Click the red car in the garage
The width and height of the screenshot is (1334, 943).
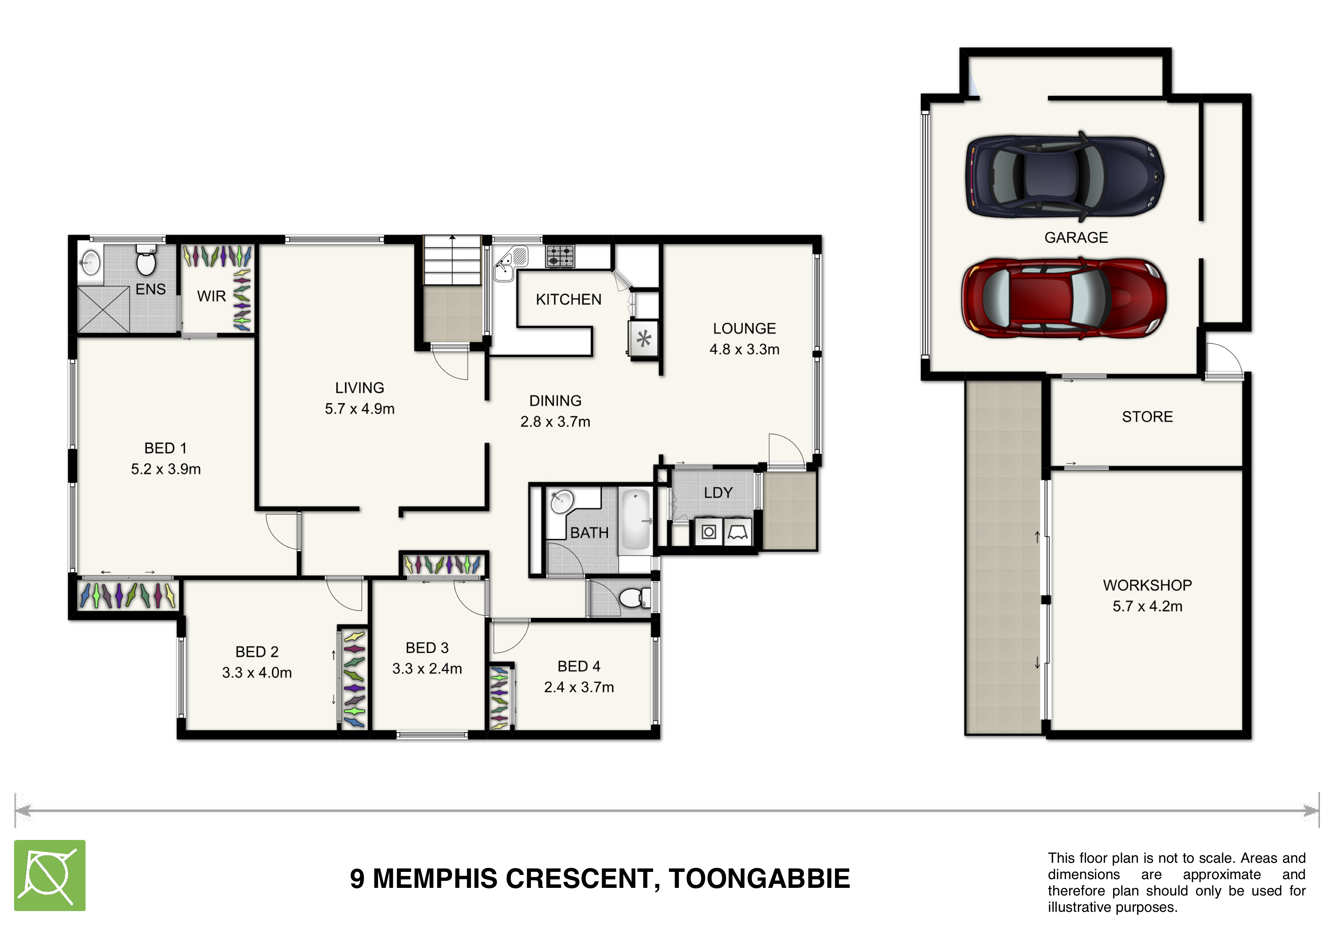click(x=1063, y=298)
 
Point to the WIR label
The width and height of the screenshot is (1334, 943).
click(x=211, y=296)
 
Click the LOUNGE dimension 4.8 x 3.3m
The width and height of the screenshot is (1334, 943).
click(x=744, y=349)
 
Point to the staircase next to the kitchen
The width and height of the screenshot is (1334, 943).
click(x=452, y=262)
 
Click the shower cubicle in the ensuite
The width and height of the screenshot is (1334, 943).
click(x=103, y=310)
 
